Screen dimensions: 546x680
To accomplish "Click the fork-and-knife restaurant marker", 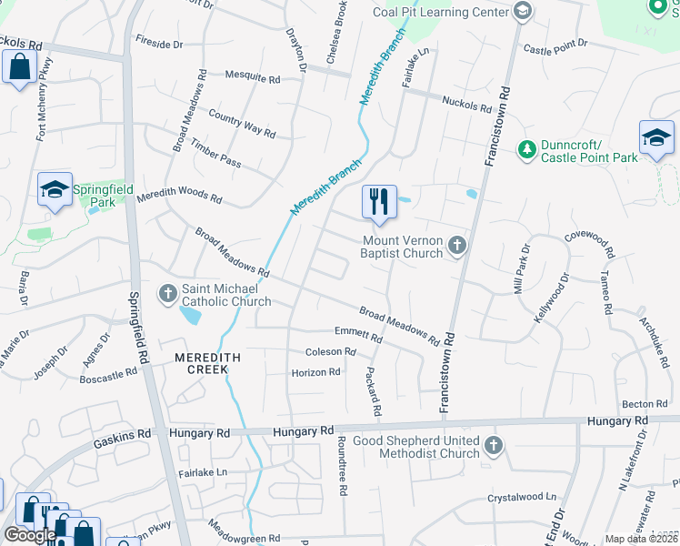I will point(379,202).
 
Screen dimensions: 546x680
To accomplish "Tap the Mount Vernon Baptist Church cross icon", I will point(456,245).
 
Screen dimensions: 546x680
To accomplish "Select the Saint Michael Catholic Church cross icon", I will point(167,294).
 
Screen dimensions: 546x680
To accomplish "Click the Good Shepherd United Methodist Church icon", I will point(493,446).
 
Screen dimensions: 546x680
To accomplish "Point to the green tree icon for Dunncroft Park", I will point(525,148).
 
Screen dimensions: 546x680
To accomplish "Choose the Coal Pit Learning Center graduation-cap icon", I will point(522,11).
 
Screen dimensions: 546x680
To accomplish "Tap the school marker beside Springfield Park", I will point(55,190).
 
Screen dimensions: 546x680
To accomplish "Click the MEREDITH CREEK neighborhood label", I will point(207,359).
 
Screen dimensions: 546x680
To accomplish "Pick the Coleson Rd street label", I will point(331,352).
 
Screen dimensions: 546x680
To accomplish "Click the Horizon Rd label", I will point(315,372).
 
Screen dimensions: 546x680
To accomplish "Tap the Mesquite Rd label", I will point(252,79).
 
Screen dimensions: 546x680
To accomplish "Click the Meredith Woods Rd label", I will point(179,197).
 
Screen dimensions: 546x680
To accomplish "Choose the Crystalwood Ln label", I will point(521,498).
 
